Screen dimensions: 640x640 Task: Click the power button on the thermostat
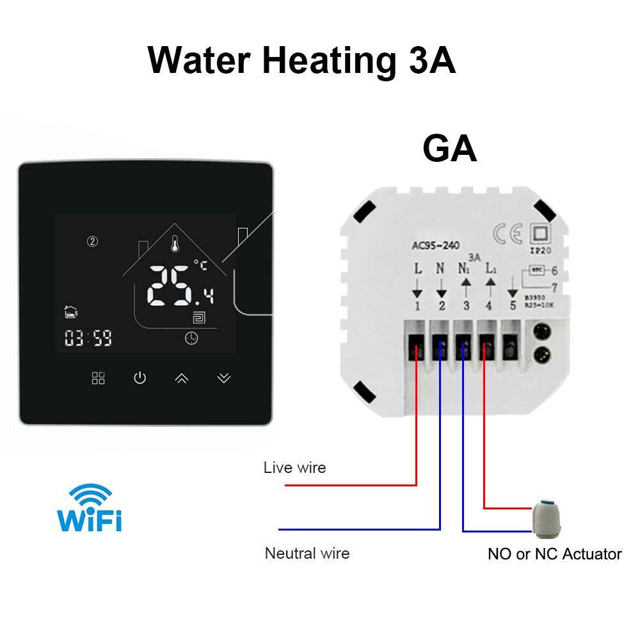coord(140,378)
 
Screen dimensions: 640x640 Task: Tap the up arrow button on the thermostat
coord(182,378)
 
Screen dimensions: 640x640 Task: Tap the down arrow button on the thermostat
coord(223,378)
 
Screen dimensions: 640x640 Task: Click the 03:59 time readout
coord(88,338)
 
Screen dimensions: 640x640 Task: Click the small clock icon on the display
coord(191,339)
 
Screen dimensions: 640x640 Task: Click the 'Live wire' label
coord(294,468)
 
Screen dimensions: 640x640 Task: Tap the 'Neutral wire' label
coord(307,553)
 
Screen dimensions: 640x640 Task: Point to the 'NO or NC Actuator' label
coord(554,554)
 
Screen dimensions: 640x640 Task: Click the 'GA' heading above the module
coord(449,149)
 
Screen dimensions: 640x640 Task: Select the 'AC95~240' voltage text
coord(436,245)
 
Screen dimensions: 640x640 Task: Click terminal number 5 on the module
coord(512,306)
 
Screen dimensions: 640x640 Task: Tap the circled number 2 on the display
coord(92,241)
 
